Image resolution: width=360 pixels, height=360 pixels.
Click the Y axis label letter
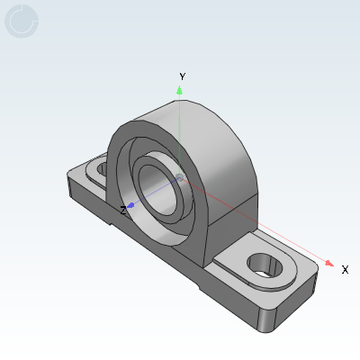pyautogui.click(x=182, y=76)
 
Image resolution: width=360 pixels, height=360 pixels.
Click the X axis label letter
pyautogui.click(x=345, y=269)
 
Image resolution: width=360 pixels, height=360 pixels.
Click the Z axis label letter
pyautogui.click(x=123, y=210)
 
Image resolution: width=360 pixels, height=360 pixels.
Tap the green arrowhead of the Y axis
pyautogui.click(x=181, y=90)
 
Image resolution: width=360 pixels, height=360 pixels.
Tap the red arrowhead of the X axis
pyautogui.click(x=329, y=264)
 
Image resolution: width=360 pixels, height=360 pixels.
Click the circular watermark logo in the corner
pyautogui.click(x=22, y=21)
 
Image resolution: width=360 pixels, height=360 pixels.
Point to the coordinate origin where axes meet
pyautogui.click(x=180, y=176)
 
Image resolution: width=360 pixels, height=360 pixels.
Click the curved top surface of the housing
pyautogui.click(x=193, y=121)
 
